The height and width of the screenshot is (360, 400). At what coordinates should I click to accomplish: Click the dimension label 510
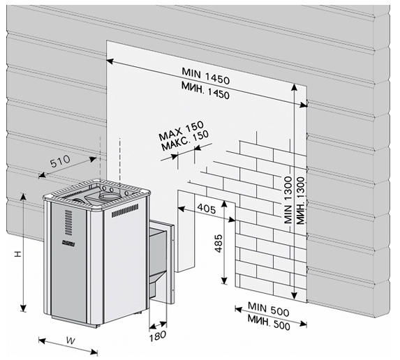pyautogui.click(x=60, y=162)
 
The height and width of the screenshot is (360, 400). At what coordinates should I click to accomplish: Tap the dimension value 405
pyautogui.click(x=207, y=209)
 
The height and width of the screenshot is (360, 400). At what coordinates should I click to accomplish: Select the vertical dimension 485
pyautogui.click(x=218, y=243)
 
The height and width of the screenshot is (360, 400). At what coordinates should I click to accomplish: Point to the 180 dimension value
pyautogui.click(x=157, y=336)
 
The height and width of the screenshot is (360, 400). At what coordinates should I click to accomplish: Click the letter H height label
pyautogui.click(x=17, y=254)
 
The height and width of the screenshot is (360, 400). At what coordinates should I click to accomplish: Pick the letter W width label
pyautogui.click(x=71, y=340)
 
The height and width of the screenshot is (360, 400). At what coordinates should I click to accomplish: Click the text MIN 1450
pyautogui.click(x=206, y=76)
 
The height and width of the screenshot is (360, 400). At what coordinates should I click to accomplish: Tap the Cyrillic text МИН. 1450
pyautogui.click(x=205, y=90)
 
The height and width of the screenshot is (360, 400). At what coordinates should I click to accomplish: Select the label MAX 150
pyautogui.click(x=182, y=130)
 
